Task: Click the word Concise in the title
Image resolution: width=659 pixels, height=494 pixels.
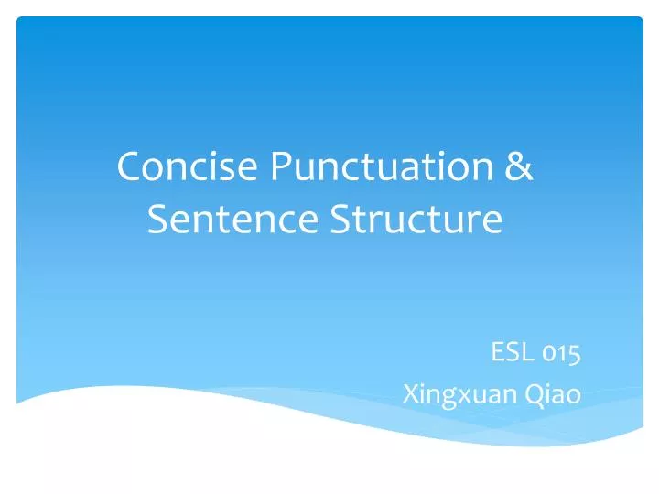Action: click(188, 168)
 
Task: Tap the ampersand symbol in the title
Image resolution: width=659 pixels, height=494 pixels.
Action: click(519, 168)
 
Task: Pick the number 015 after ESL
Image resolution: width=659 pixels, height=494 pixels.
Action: click(560, 352)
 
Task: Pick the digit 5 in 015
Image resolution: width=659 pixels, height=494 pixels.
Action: click(575, 354)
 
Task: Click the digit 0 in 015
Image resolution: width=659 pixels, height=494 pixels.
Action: click(549, 354)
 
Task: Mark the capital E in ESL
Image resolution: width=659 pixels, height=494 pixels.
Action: click(498, 352)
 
